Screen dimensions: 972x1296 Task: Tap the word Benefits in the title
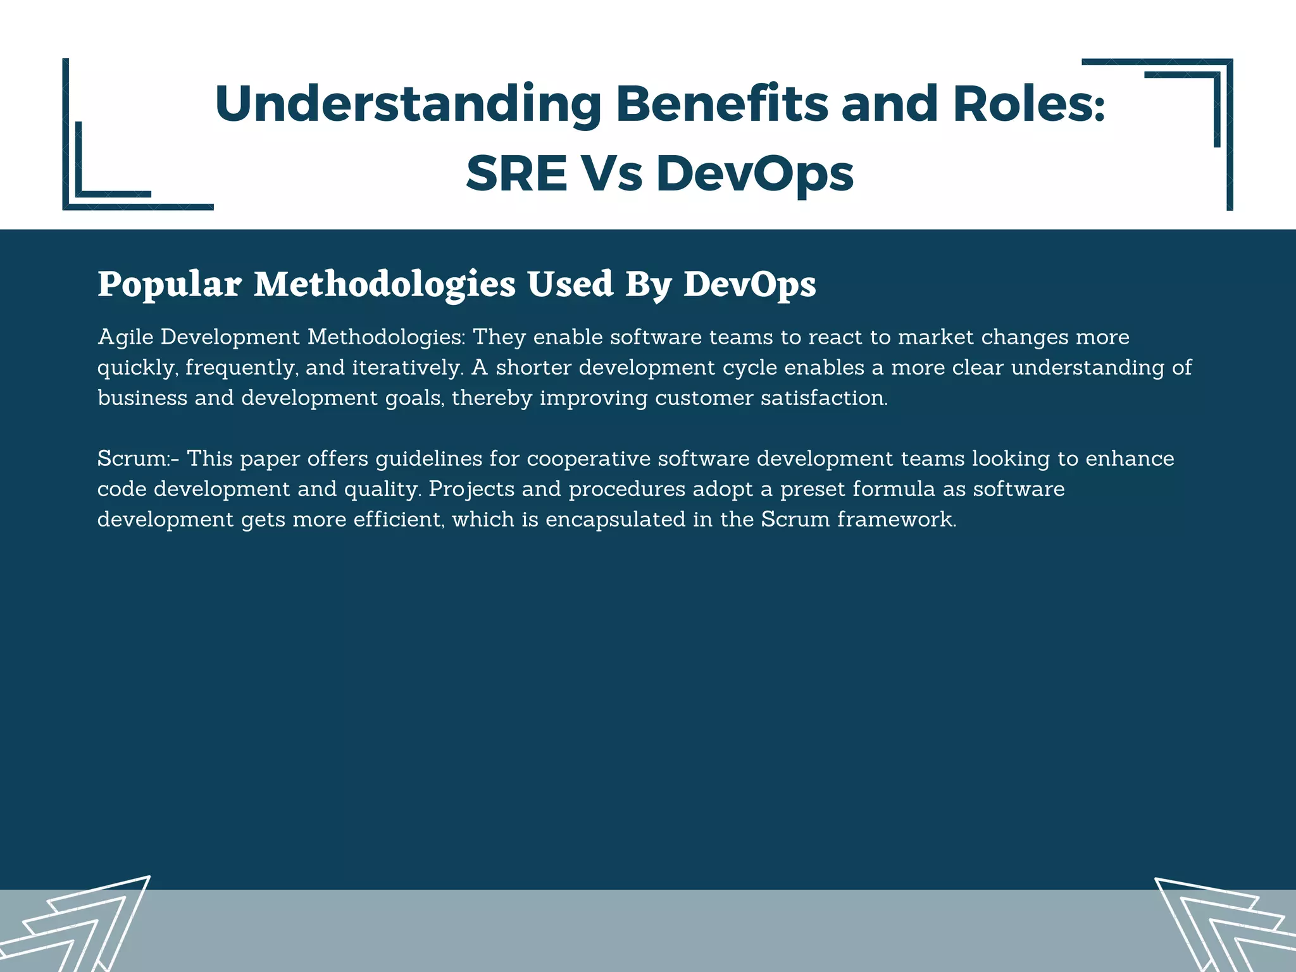721,104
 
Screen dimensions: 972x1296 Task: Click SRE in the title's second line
516,173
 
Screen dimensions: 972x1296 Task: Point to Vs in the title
611,173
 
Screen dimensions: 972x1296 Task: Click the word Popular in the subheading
169,284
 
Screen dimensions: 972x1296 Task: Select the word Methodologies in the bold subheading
385,284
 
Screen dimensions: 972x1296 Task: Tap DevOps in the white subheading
750,284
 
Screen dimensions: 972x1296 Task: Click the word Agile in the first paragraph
125,337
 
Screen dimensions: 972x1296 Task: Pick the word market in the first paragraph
936,337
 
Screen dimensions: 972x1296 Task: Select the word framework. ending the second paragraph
897,519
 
